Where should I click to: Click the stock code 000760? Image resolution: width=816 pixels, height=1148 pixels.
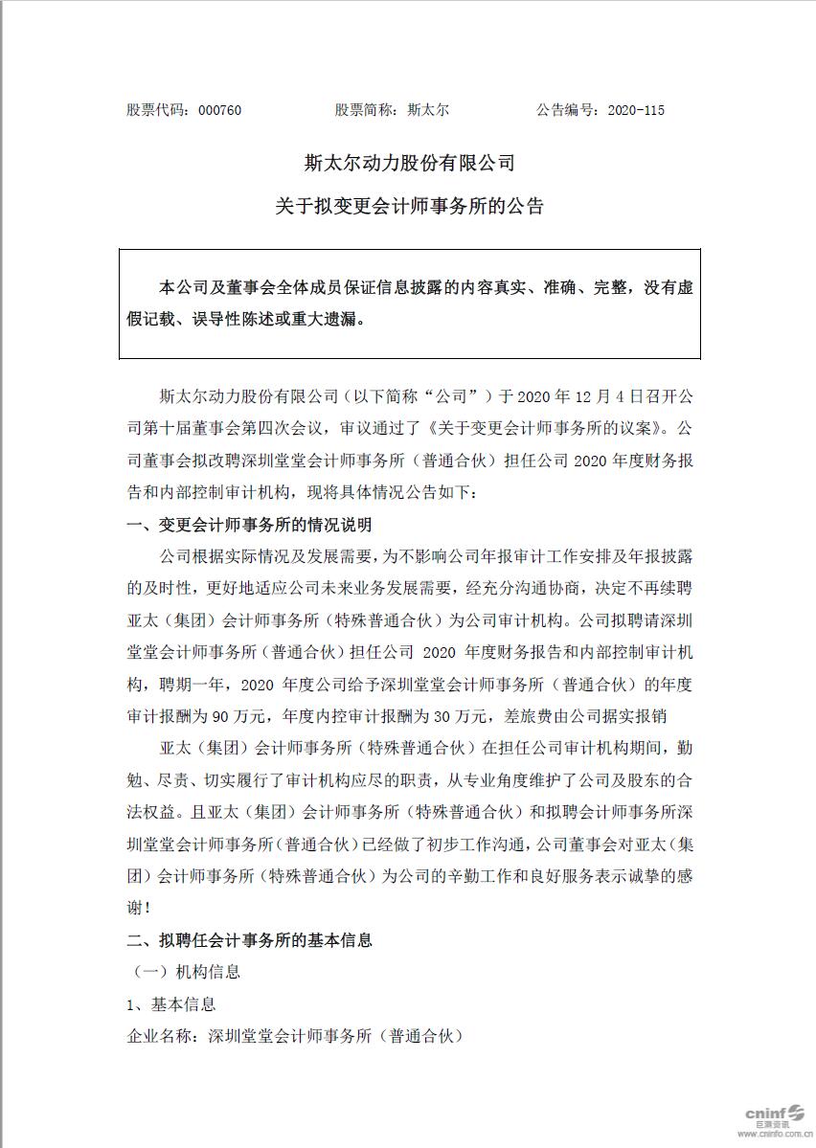219,110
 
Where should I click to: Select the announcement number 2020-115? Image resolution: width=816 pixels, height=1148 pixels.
636,110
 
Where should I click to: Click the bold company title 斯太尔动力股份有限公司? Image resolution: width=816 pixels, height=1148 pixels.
409,163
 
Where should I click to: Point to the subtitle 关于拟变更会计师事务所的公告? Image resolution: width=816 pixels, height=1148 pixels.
409,205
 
